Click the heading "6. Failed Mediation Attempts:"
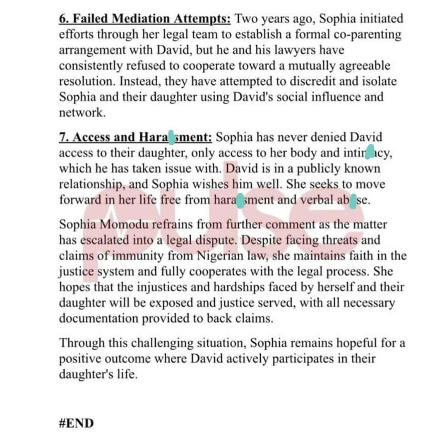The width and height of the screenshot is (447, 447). pyautogui.click(x=147, y=19)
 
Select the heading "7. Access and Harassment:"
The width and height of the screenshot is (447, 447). pyautogui.click(x=136, y=137)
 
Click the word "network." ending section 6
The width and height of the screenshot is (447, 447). pyautogui.click(x=83, y=113)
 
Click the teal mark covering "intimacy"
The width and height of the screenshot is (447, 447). pyautogui.click(x=370, y=153)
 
